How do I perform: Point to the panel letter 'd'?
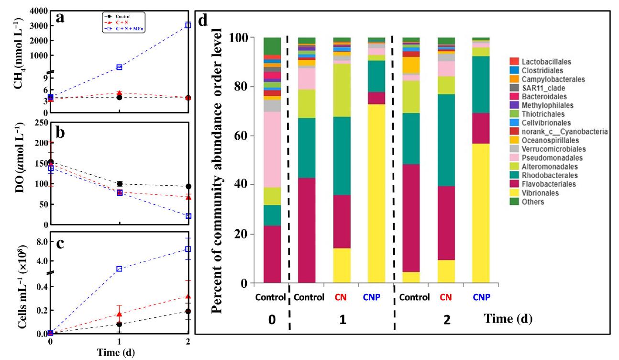pos(204,21)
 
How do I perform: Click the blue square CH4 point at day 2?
pos(188,25)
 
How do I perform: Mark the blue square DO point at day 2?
pos(188,216)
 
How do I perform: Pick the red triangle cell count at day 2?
pos(188,296)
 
